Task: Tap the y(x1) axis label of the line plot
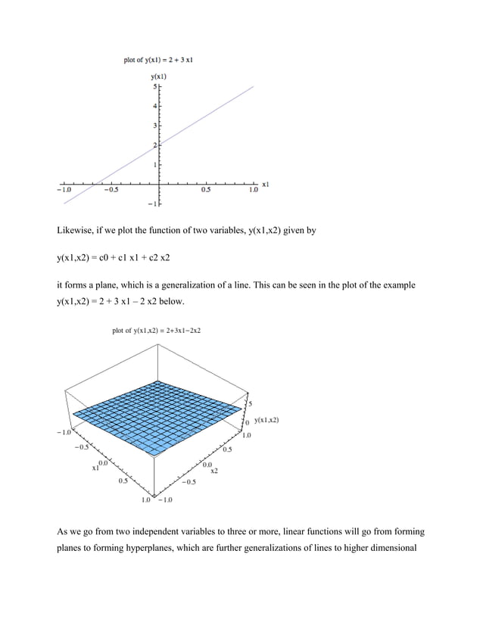[x=159, y=76]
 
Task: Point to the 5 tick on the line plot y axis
[x=154, y=88]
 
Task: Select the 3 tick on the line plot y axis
[x=154, y=126]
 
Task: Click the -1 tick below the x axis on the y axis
[x=152, y=204]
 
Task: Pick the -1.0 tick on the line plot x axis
[x=62, y=190]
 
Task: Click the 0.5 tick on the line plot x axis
[x=206, y=190]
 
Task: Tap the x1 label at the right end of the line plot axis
[x=266, y=183]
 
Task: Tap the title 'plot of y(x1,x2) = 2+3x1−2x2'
[x=161, y=330]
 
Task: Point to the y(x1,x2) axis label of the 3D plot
[x=266, y=420]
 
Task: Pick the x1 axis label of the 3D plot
[x=96, y=468]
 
